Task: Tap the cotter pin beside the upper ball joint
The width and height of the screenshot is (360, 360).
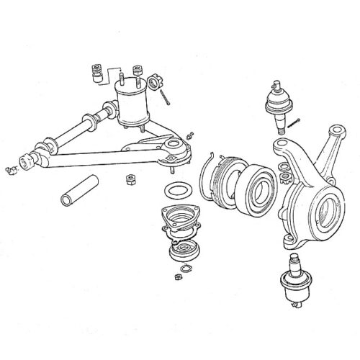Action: (297, 123)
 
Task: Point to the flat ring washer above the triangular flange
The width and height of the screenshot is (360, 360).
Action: (176, 192)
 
